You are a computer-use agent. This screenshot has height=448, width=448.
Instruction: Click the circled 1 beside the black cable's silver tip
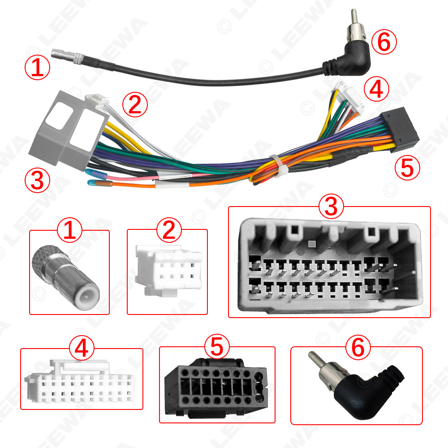pyautogui.click(x=38, y=68)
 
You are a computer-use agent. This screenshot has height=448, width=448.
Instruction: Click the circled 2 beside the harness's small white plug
pyautogui.click(x=135, y=105)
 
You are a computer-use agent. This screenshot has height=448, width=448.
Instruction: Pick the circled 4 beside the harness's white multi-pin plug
pyautogui.click(x=376, y=90)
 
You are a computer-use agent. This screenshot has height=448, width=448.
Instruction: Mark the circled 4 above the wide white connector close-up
pyautogui.click(x=81, y=349)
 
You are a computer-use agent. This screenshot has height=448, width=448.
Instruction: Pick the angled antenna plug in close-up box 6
pyautogui.click(x=354, y=385)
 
